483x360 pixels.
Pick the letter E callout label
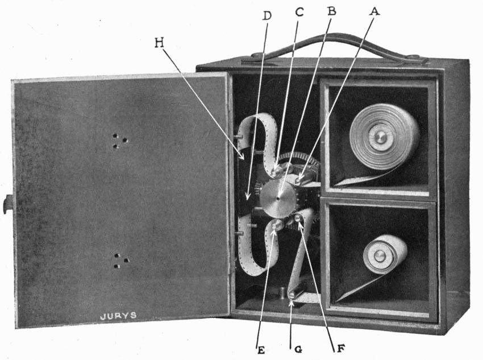[261, 350]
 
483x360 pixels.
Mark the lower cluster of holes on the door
[119, 260]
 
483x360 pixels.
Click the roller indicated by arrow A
[299, 180]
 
